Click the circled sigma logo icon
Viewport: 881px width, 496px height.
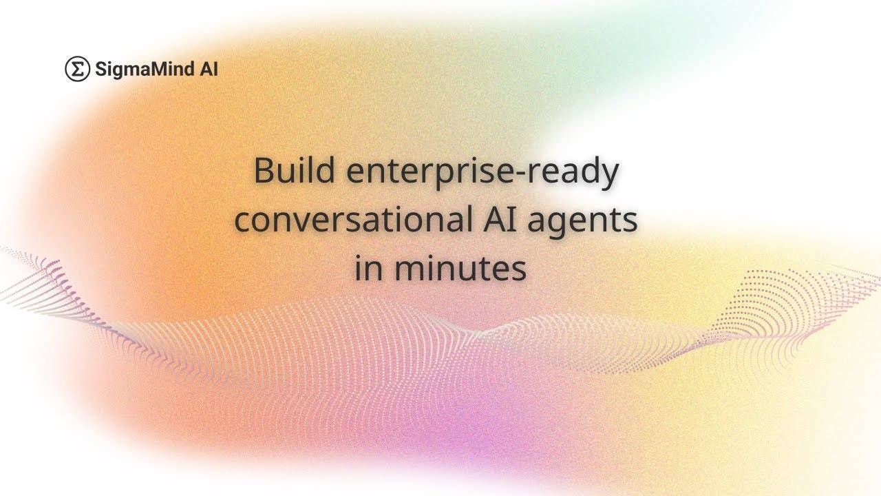click(78, 69)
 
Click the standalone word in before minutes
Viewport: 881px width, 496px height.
click(369, 268)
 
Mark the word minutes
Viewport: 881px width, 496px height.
click(460, 268)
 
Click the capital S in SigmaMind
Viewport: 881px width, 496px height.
click(100, 69)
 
